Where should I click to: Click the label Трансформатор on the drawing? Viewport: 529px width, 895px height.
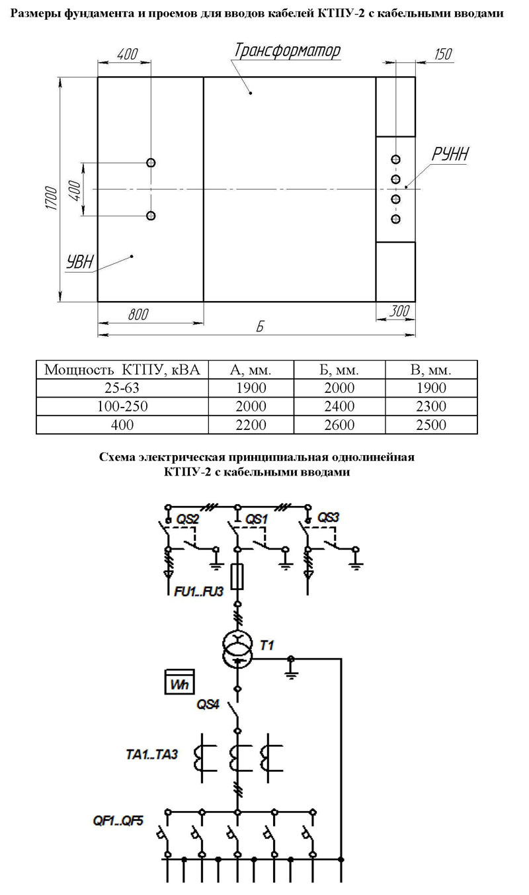pyautogui.click(x=287, y=51)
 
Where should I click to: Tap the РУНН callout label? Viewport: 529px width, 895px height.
pyautogui.click(x=450, y=154)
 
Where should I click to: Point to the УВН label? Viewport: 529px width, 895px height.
pyautogui.click(x=80, y=262)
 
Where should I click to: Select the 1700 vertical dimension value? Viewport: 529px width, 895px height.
pyautogui.click(x=51, y=198)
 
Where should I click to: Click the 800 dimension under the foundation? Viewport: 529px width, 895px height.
pyautogui.click(x=138, y=314)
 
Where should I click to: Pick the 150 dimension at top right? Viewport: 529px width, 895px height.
pyautogui.click(x=443, y=54)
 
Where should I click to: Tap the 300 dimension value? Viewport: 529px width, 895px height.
pyautogui.click(x=399, y=311)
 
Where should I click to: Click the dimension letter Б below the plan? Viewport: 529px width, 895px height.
pyautogui.click(x=260, y=327)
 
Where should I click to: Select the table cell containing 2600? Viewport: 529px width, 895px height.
pyautogui.click(x=339, y=425)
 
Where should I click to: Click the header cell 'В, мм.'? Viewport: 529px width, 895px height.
pyautogui.click(x=431, y=370)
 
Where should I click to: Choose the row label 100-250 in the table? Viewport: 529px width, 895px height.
pyautogui.click(x=122, y=406)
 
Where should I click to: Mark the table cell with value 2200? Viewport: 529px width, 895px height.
pyautogui.click(x=251, y=425)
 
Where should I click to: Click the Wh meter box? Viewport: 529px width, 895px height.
pyautogui.click(x=180, y=681)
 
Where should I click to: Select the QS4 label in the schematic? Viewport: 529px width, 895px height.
pyautogui.click(x=208, y=704)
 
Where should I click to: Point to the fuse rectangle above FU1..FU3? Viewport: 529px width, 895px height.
pyautogui.click(x=237, y=577)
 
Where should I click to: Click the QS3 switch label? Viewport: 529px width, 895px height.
pyautogui.click(x=328, y=517)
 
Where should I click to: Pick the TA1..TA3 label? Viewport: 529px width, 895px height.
pyautogui.click(x=151, y=754)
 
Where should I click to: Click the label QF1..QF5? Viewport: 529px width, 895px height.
pyautogui.click(x=118, y=821)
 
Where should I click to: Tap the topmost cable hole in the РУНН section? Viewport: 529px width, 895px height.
pyautogui.click(x=395, y=159)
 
